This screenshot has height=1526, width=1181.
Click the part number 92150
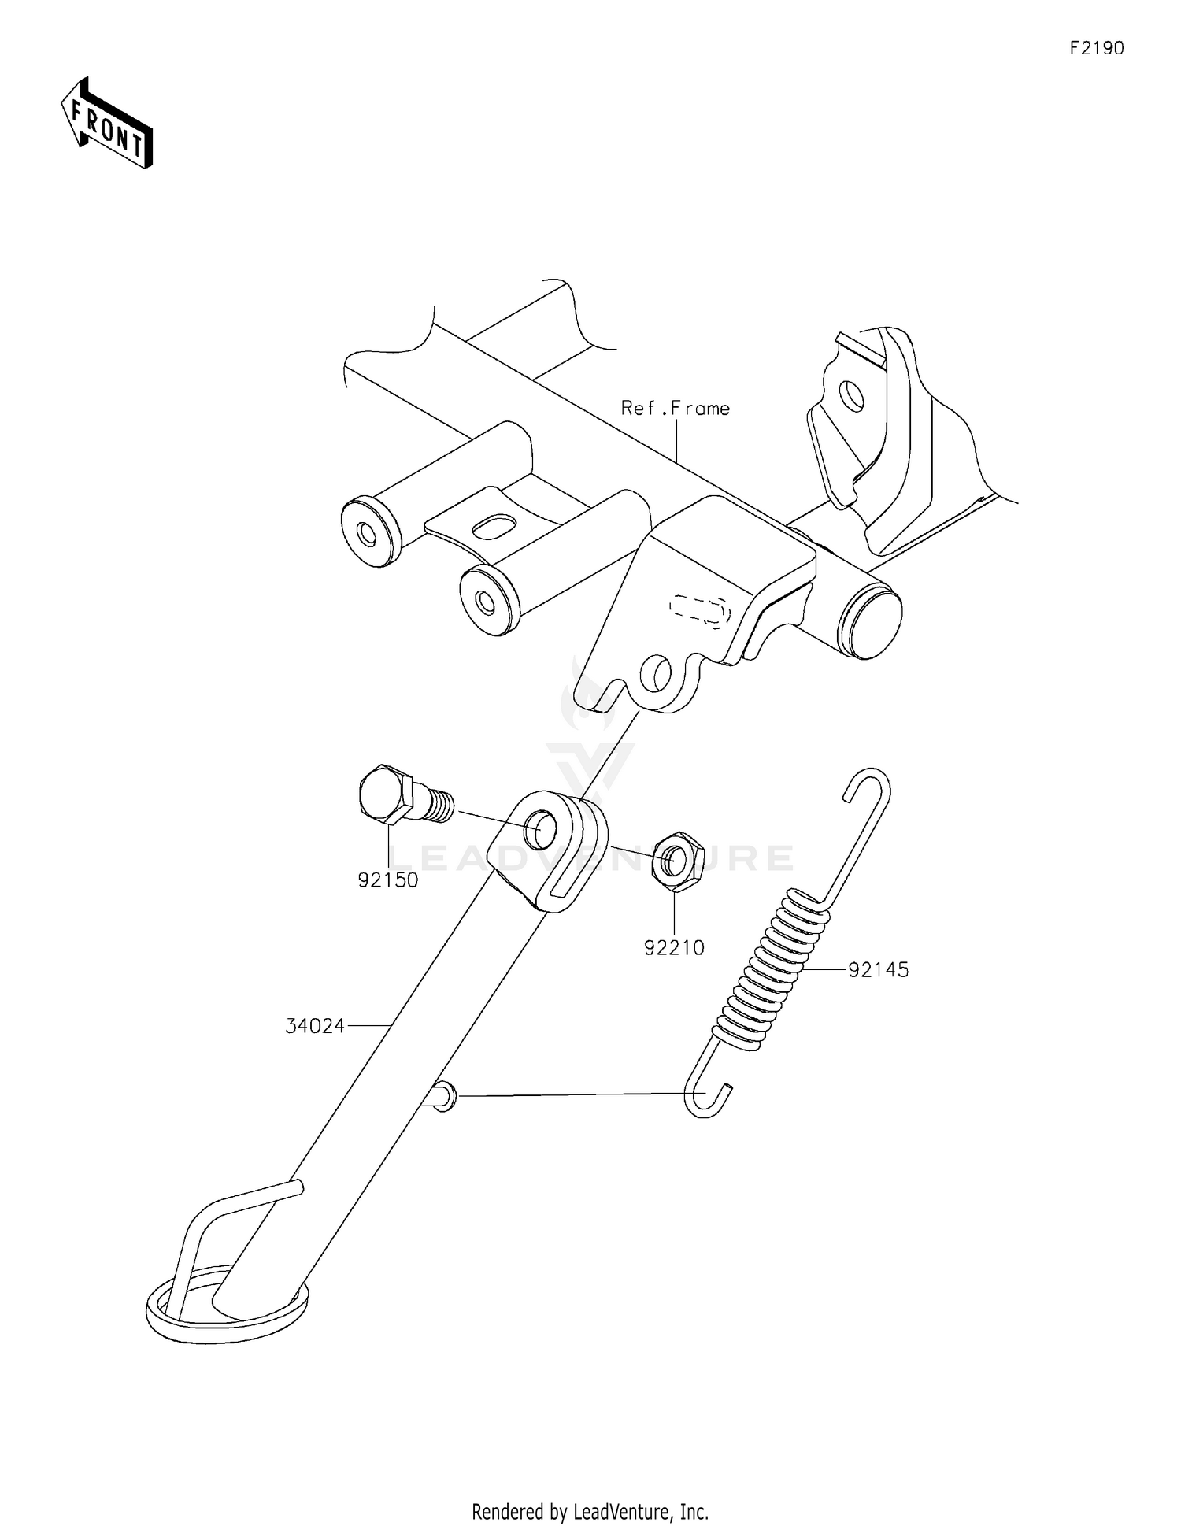tap(387, 880)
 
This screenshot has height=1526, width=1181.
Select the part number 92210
tap(674, 948)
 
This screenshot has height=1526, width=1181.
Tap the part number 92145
tap(878, 970)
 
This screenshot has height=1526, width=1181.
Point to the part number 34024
tap(315, 1026)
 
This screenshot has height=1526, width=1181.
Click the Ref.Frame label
tap(676, 408)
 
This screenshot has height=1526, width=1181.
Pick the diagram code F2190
tap(1097, 48)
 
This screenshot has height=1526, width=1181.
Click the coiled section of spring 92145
tap(772, 969)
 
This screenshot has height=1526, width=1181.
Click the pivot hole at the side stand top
tap(540, 829)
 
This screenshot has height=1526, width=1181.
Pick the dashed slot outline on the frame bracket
tap(698, 610)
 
